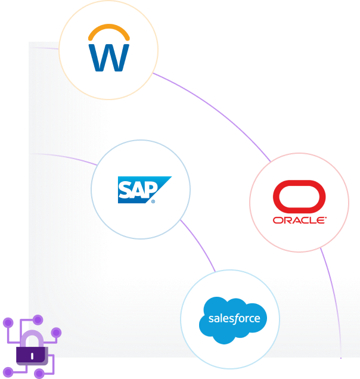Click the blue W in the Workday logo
[x=108, y=57]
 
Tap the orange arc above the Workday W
[x=108, y=30]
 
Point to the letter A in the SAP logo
[x=137, y=189]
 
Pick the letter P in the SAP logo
[x=150, y=188]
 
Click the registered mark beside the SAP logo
[x=153, y=202]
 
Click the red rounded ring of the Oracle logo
[x=299, y=196]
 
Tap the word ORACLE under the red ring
[x=299, y=220]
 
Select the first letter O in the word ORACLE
[x=277, y=220]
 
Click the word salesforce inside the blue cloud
[x=234, y=318]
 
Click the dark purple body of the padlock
[x=31, y=356]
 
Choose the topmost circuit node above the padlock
[x=38, y=320]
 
